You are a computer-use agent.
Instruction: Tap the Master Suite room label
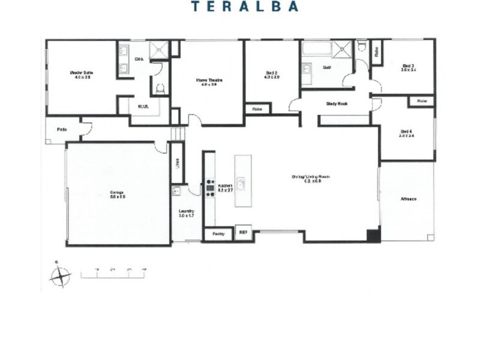(x=80, y=75)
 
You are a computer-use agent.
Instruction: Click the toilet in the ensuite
(x=159, y=89)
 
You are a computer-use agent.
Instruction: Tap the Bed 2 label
(x=273, y=75)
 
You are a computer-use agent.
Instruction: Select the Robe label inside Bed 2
(x=257, y=109)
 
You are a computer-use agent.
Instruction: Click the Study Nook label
(x=337, y=104)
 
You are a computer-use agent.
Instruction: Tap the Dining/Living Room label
(x=311, y=178)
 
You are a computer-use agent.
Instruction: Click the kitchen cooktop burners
(x=210, y=188)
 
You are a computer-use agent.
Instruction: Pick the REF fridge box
(x=243, y=232)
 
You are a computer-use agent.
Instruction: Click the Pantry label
(x=218, y=233)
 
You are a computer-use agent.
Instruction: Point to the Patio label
(x=61, y=129)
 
